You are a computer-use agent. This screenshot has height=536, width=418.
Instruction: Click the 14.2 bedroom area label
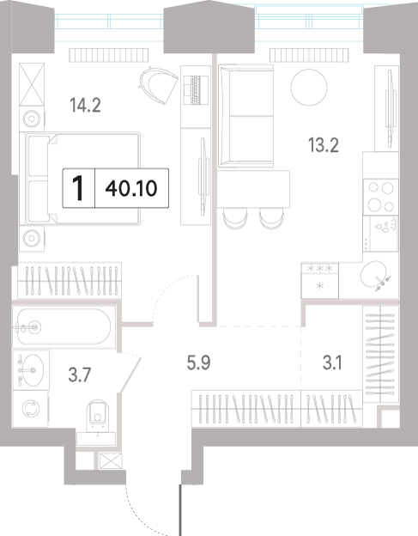85,105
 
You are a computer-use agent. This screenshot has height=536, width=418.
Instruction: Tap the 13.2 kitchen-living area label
323,145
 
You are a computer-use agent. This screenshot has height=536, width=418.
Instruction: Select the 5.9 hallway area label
198,362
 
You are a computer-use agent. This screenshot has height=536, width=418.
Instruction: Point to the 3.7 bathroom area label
79,375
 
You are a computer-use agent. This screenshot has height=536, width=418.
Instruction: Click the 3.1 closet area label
332,362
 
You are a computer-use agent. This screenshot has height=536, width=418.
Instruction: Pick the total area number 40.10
131,188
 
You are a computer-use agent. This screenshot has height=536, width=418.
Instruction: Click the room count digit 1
79,188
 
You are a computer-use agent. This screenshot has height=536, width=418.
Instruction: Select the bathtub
64,327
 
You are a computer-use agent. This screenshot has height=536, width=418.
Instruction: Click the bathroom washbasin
31,370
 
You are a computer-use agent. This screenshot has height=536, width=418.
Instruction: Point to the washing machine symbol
31,409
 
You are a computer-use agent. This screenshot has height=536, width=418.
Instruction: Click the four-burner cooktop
380,197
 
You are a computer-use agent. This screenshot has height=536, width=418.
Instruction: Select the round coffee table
309,88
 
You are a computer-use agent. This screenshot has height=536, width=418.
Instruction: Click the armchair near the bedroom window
158,85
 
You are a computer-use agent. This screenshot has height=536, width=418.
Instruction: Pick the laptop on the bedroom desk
196,89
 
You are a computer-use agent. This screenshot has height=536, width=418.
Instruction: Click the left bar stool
235,219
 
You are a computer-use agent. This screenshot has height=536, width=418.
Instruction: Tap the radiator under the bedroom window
109,55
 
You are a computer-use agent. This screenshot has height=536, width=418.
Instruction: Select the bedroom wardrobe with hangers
70,280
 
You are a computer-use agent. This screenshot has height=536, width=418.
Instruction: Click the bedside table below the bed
32,238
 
